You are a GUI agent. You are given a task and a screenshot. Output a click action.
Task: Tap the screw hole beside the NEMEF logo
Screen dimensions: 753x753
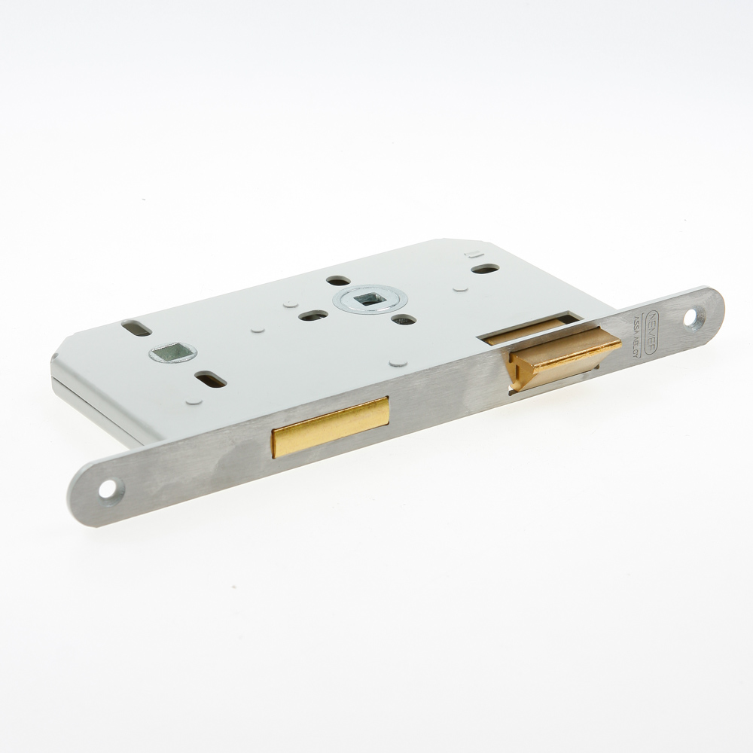click(691, 316)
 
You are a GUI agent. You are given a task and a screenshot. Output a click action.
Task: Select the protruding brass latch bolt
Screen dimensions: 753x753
click(561, 360)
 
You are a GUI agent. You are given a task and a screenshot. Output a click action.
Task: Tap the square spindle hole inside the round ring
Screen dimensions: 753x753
click(366, 298)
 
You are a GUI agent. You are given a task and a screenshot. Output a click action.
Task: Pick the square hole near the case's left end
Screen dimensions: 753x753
click(172, 352)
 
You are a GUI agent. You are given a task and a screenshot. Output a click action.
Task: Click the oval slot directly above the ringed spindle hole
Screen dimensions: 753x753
click(338, 280)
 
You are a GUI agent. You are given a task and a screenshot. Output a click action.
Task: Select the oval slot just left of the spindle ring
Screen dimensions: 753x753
click(313, 316)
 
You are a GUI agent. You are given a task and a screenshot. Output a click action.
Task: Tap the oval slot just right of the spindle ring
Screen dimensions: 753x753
click(404, 319)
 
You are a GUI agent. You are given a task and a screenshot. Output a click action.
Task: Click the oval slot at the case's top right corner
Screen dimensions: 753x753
click(485, 269)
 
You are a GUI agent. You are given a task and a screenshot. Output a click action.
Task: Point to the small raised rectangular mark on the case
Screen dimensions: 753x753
click(472, 254)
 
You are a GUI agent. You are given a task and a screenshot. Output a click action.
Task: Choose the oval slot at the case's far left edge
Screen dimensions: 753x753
click(136, 329)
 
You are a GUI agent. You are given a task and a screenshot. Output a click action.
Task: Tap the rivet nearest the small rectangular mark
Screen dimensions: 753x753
click(460, 287)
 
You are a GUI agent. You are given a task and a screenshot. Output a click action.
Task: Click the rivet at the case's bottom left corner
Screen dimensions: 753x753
click(194, 401)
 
